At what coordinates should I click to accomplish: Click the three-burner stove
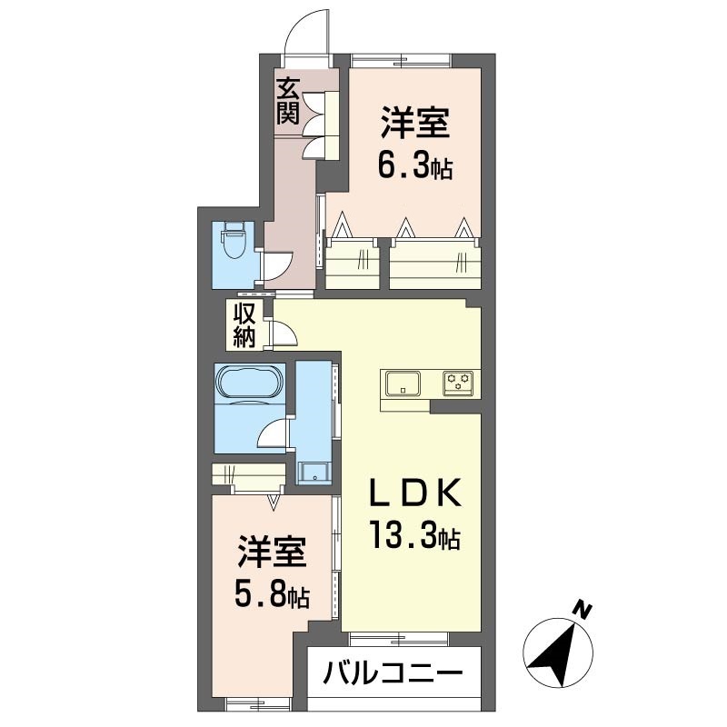[x=458, y=383]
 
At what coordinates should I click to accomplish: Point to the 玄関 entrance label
[x=287, y=102]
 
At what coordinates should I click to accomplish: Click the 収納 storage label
[x=244, y=325]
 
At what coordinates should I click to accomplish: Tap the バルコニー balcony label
[x=393, y=673]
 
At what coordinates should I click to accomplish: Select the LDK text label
[x=415, y=493]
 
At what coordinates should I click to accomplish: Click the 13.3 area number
[x=403, y=535]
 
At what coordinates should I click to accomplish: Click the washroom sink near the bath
[x=314, y=473]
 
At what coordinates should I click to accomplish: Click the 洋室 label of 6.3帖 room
[x=415, y=123]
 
